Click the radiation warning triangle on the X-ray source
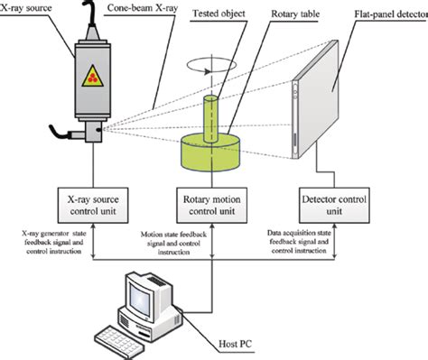pos(93,76)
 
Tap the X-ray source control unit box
pos(93,206)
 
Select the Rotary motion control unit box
pos(212,206)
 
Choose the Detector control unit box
pos(334,206)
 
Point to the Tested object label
pos(219,14)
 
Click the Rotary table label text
pos(295,14)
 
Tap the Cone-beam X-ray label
pos(142,8)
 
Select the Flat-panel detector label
pos(391,14)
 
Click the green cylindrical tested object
pos(210,119)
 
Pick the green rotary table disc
pos(210,153)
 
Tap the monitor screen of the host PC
pos(139,298)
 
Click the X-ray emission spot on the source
pos(98,130)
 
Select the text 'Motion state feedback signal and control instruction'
pos(173,243)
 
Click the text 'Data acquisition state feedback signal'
pos(299,237)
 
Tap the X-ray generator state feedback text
pos(54,237)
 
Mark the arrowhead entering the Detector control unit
pos(334,226)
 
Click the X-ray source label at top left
pos(26,8)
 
